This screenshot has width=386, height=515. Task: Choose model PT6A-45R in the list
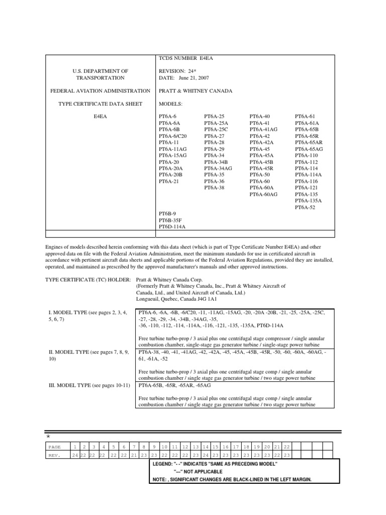click(263, 168)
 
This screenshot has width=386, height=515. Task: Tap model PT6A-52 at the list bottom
click(305, 207)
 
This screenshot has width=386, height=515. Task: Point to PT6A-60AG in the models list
click(264, 194)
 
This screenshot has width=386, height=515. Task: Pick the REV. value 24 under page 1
click(75, 455)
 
